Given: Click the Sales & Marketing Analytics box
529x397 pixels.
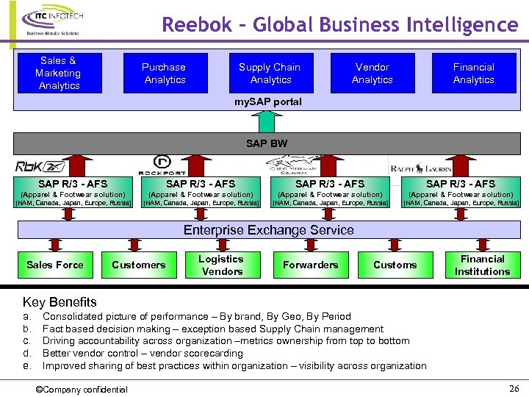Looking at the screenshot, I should (x=59, y=73).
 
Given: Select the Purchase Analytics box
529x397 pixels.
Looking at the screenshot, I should (x=165, y=73).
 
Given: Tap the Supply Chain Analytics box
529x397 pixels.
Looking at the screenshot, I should (x=270, y=73).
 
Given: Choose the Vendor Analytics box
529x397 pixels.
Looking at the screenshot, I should (x=372, y=73).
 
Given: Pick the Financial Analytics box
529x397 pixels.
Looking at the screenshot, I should (x=473, y=73).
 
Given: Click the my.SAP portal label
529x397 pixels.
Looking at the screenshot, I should (x=267, y=101).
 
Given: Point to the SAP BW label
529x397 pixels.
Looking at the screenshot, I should (x=267, y=143).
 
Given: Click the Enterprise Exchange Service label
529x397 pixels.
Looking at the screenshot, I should (x=268, y=230).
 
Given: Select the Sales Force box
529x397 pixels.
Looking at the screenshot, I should (x=55, y=265).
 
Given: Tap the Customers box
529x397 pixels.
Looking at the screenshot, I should (x=138, y=265).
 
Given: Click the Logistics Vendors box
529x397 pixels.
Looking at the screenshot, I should (x=221, y=265).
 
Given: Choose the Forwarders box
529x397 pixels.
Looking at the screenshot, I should (x=310, y=265).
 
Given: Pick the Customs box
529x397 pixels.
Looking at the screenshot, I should (x=395, y=265).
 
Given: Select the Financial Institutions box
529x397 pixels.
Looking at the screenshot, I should (x=482, y=265).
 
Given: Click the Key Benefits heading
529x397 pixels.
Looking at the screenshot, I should (x=60, y=301).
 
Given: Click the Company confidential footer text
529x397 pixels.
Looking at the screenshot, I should (x=82, y=389).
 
